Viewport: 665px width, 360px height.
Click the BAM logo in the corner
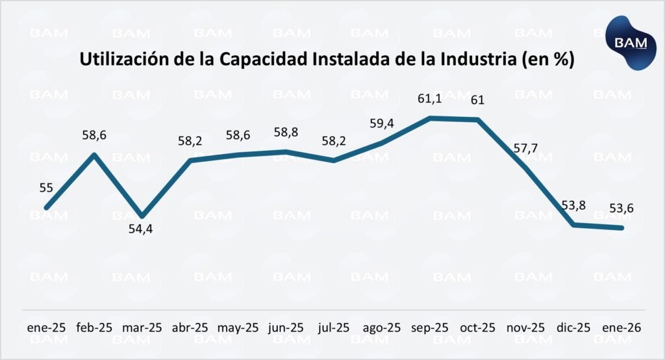pyautogui.click(x=627, y=42)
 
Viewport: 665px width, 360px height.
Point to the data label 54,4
pyautogui.click(x=142, y=229)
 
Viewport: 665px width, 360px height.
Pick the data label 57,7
pyautogui.click(x=525, y=147)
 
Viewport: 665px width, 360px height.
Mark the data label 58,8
pyautogui.click(x=286, y=132)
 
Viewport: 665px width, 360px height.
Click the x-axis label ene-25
pyautogui.click(x=45, y=328)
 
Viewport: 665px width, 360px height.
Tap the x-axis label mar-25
pyautogui.click(x=142, y=328)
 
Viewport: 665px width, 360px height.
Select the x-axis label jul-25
pyautogui.click(x=333, y=328)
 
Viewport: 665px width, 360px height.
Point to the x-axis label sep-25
pyautogui.click(x=430, y=328)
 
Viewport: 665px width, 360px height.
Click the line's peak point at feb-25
pyautogui.click(x=94, y=154)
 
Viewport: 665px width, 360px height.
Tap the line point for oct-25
pyautogui.click(x=478, y=120)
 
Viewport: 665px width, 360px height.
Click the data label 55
pyautogui.click(x=46, y=188)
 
